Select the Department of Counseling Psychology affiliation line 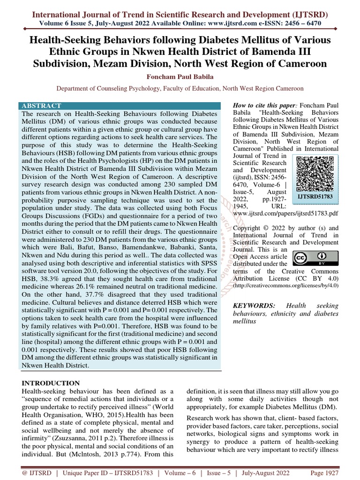pos(180,88)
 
